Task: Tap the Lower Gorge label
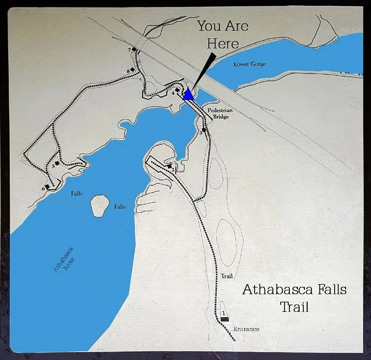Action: click(250, 64)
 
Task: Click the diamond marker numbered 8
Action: click(133, 70)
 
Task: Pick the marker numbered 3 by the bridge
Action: click(204, 130)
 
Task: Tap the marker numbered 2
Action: click(169, 167)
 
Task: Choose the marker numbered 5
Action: click(57, 163)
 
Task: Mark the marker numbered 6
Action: click(47, 187)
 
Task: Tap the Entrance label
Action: click(246, 329)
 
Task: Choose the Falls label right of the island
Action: click(120, 207)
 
